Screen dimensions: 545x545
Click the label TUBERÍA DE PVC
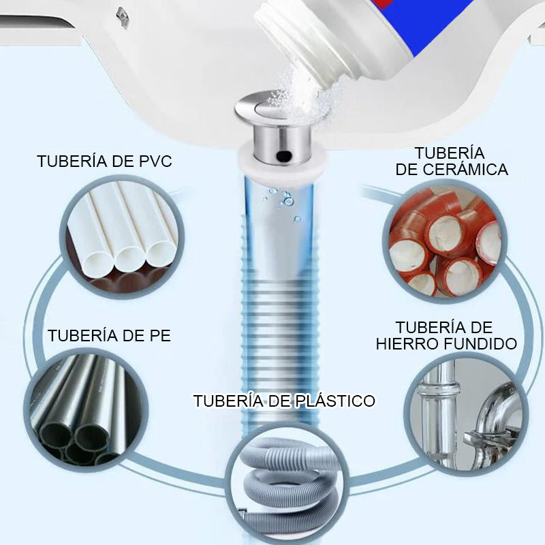105,161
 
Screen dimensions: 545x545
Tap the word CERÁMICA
465,169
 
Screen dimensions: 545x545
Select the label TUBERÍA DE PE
109,336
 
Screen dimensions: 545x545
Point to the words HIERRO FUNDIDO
446,344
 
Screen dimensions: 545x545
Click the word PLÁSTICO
335,401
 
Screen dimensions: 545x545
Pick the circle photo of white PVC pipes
122,237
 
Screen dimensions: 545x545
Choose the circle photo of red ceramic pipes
445,242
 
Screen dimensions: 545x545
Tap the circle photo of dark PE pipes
86,410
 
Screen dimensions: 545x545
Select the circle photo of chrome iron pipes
467,416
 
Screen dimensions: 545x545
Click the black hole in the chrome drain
284,155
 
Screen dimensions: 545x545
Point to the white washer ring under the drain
282,163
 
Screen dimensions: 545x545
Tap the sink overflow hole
122,18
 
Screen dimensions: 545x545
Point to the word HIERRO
407,344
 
